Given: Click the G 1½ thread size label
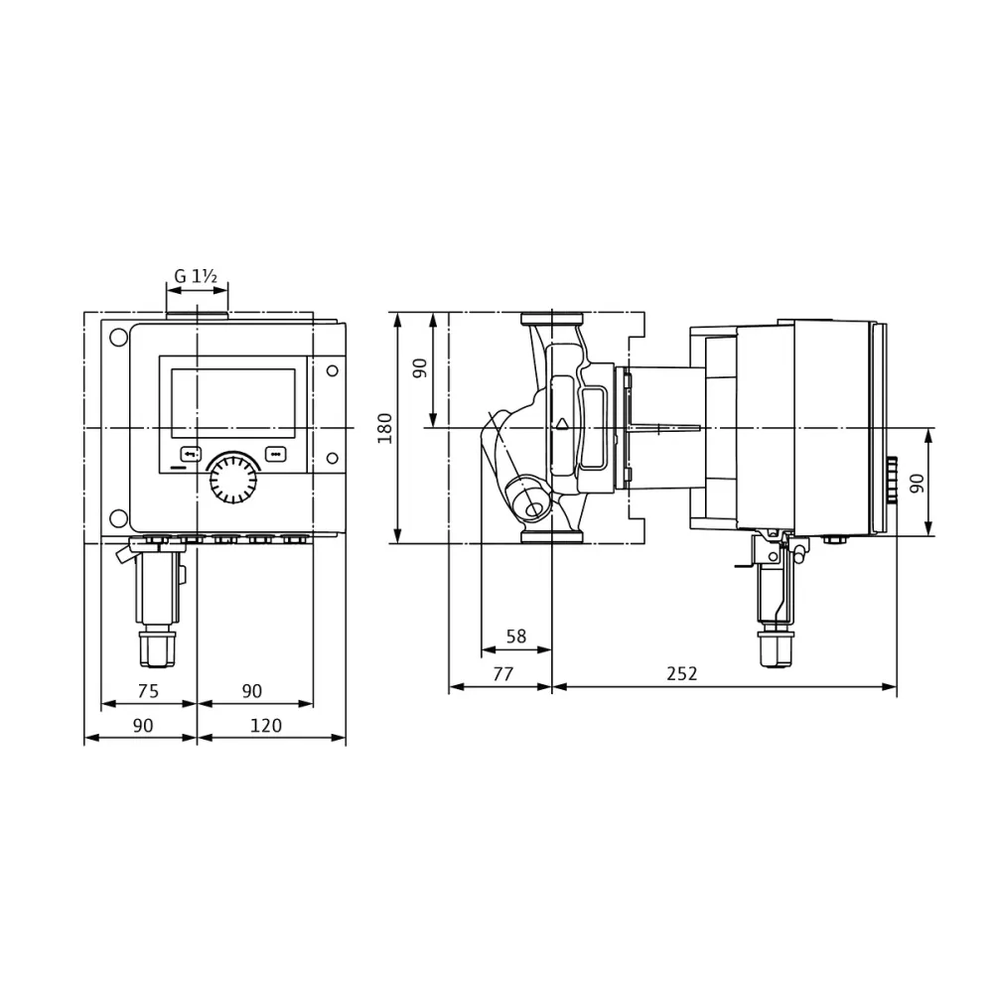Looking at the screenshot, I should [196, 277].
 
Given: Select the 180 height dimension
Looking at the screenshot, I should [385, 427].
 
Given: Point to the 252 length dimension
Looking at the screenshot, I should [681, 673].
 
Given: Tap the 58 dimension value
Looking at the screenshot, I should [515, 637].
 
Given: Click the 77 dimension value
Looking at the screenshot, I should [502, 673].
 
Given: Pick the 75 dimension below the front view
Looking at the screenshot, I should [148, 691].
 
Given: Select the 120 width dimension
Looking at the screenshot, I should [265, 726].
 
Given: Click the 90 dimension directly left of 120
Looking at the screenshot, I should [143, 726].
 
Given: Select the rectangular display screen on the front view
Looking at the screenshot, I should [233, 403].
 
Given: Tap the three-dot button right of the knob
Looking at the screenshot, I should [275, 454].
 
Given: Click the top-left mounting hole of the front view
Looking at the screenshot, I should [118, 338].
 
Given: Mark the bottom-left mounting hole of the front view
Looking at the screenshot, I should [118, 517].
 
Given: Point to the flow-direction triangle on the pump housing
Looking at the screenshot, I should [563, 423].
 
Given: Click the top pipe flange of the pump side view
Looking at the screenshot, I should [552, 322].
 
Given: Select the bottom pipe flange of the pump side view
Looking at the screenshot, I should [552, 536].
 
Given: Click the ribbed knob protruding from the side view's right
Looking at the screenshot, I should [892, 481].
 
